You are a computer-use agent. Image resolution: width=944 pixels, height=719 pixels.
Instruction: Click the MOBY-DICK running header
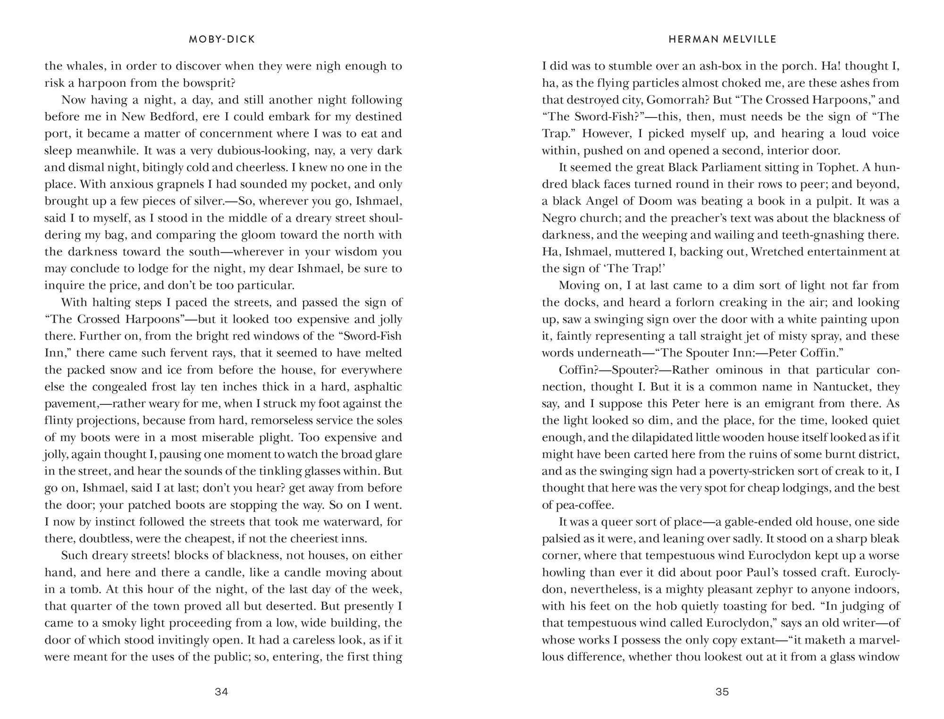click(222, 40)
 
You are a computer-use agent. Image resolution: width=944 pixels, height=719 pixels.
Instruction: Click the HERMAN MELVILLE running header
click(723, 40)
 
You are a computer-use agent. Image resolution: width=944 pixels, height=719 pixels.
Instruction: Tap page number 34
click(221, 692)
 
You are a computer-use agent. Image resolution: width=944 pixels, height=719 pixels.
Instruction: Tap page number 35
click(723, 692)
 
